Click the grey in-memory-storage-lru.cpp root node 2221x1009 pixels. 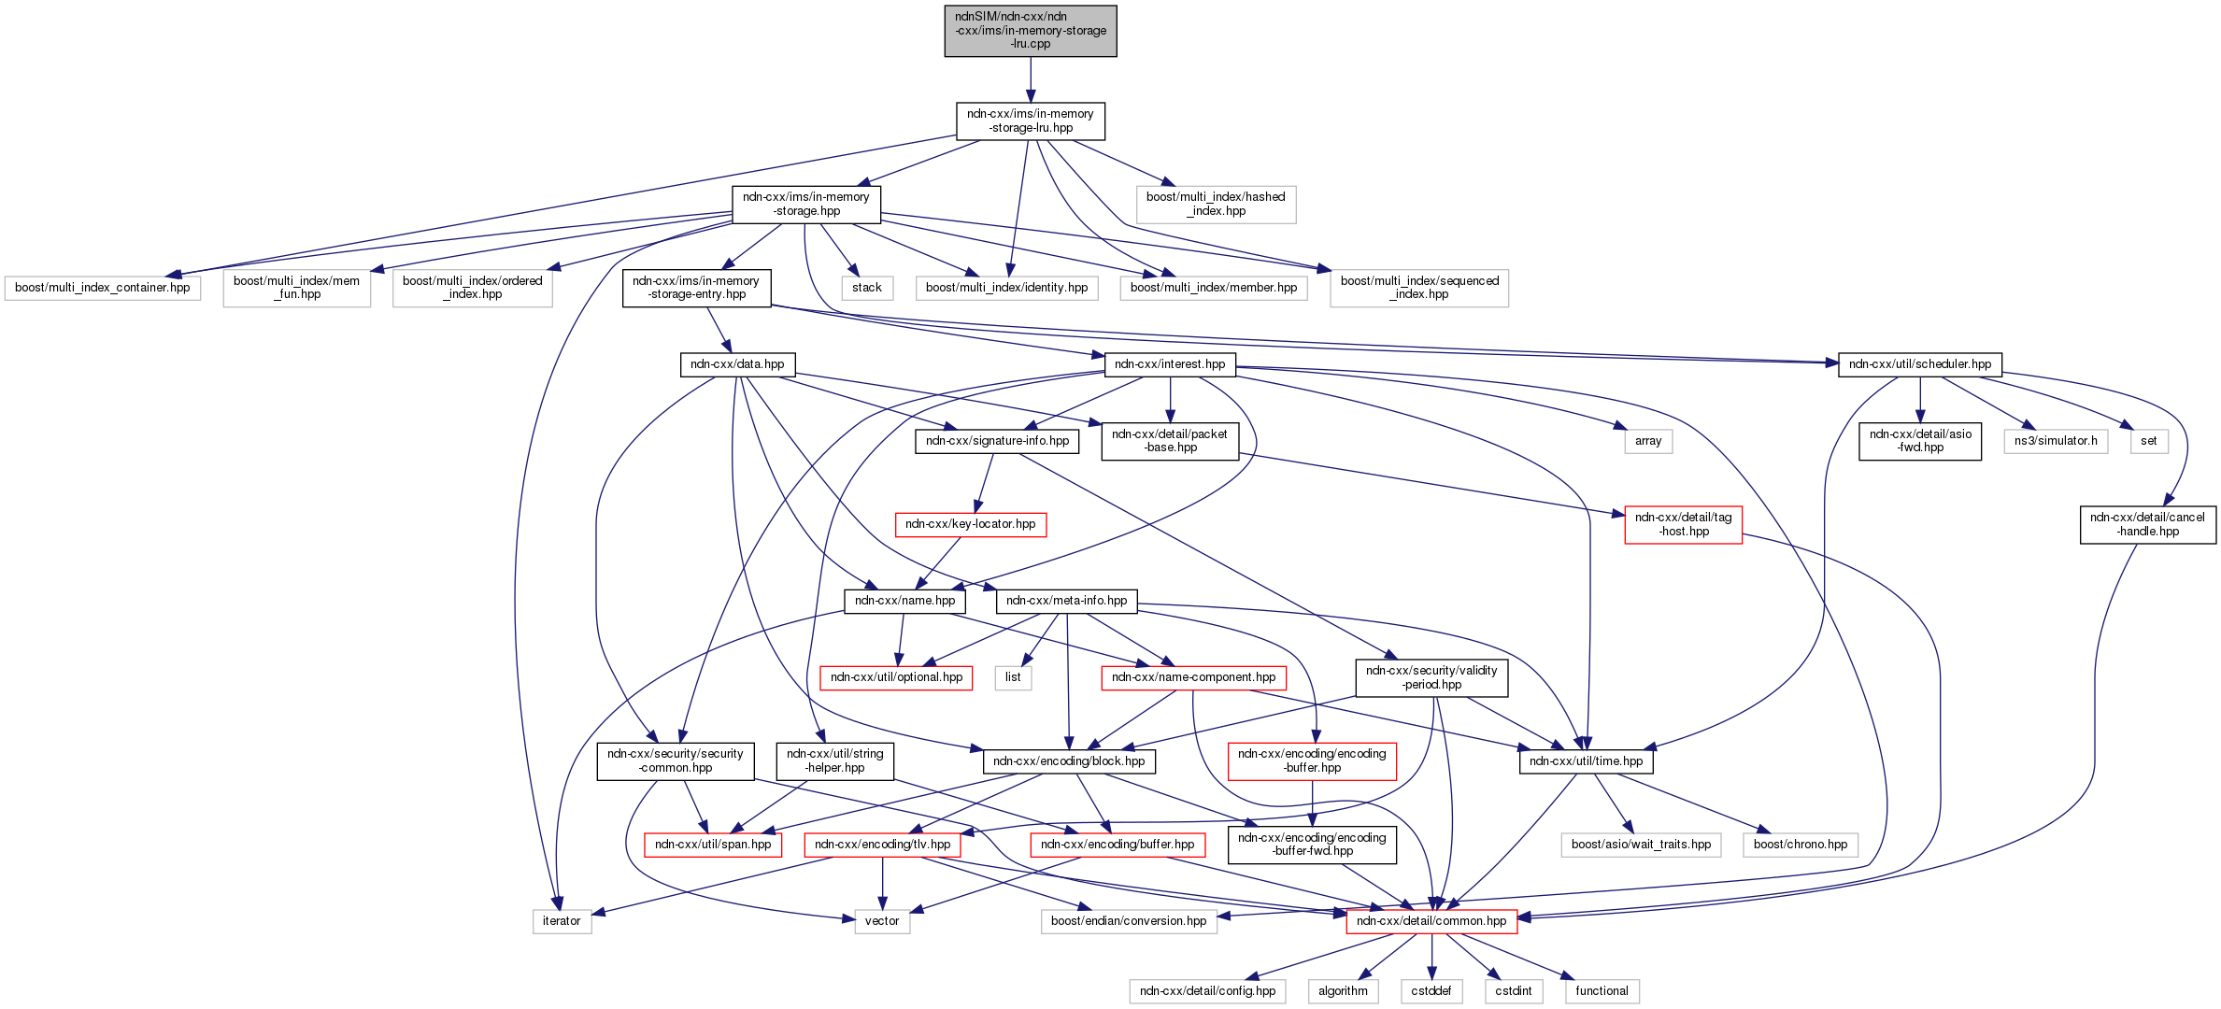pos(1030,31)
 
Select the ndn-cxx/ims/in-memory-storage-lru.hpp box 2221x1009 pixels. pos(1030,121)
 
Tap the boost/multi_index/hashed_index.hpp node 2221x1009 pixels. pos(1216,205)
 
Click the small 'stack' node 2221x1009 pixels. pos(866,288)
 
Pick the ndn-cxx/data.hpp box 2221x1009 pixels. pos(737,364)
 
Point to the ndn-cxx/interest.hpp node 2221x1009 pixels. pos(1170,364)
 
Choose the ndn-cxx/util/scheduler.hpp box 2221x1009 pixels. pos(1919,364)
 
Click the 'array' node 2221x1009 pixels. pos(1647,441)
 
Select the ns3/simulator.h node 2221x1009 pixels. pos(2055,441)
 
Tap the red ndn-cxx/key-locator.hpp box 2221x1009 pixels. pos(970,524)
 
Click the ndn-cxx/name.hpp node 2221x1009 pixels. pos(904,601)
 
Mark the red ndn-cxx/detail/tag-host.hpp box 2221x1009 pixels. pos(1683,525)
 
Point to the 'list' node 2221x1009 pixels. pos(1013,677)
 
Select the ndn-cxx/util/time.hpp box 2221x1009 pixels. pos(1586,761)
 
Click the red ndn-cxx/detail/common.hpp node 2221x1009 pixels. pos(1431,921)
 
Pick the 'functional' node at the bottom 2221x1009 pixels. pos(1602,991)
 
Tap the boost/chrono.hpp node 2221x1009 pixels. pos(1800,845)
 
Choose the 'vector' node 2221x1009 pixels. pos(881,921)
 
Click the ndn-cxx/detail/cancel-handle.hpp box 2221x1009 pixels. pos(2147,525)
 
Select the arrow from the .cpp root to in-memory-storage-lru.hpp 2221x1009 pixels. pos(1031,79)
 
